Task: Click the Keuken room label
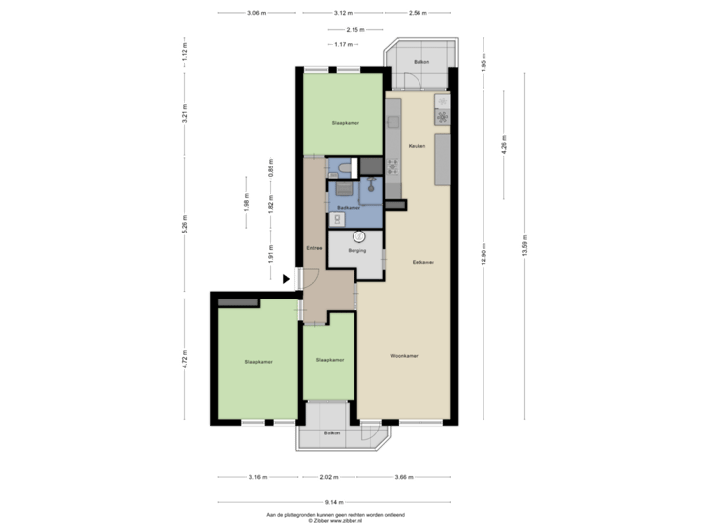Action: tap(416, 146)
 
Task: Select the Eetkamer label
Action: tap(424, 262)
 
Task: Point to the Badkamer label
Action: tap(347, 208)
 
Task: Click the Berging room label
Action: tap(356, 251)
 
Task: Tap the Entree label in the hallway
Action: tap(314, 247)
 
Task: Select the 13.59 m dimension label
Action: tap(525, 244)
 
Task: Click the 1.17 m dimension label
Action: tap(344, 45)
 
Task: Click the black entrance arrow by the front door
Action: tap(287, 279)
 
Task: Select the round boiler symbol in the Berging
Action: tap(360, 236)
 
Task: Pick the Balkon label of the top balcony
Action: tap(421, 61)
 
